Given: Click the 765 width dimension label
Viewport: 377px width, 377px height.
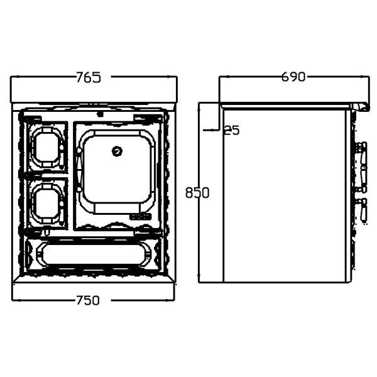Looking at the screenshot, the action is (x=89, y=77).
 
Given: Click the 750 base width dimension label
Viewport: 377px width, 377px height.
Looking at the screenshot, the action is (x=88, y=300).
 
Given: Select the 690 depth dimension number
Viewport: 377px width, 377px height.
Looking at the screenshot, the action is (x=293, y=77).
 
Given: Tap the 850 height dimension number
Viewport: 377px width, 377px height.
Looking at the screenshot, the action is (x=197, y=193).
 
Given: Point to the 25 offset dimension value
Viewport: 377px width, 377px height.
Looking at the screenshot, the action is (x=232, y=131).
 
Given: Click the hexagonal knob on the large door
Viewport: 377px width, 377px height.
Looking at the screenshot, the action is (x=117, y=151).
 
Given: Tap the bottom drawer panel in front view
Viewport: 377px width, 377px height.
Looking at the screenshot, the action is (x=93, y=253).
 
